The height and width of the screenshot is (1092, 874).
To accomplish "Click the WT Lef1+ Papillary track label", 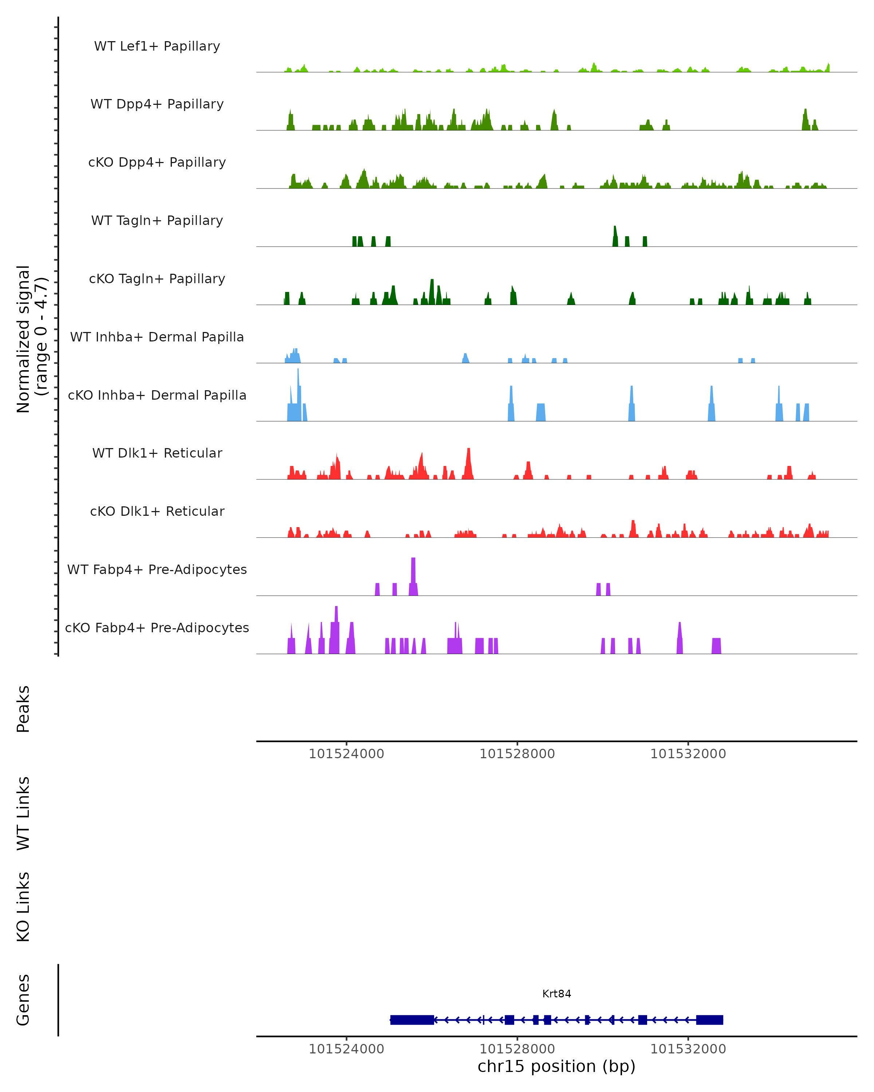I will [157, 46].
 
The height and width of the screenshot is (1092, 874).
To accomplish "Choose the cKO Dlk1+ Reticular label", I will [157, 511].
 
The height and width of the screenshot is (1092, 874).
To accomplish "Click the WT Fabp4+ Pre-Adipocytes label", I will [157, 569].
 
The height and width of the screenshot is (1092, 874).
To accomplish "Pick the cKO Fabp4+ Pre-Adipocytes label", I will [157, 628].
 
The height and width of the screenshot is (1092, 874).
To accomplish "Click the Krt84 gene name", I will [556, 994].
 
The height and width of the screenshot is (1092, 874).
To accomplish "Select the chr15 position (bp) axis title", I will [556, 1066].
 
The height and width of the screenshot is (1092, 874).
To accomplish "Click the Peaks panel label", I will [23, 709].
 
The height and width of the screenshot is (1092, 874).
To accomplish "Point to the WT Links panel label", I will [23, 813].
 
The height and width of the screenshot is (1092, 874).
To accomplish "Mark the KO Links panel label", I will [23, 907].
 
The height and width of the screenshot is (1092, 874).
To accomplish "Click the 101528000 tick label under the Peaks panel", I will [517, 754].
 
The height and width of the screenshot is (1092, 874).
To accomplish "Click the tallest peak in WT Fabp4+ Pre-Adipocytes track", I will [413, 562].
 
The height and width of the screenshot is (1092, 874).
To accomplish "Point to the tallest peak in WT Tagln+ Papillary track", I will [615, 230].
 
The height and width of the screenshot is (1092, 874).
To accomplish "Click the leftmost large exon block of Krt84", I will [412, 1020].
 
